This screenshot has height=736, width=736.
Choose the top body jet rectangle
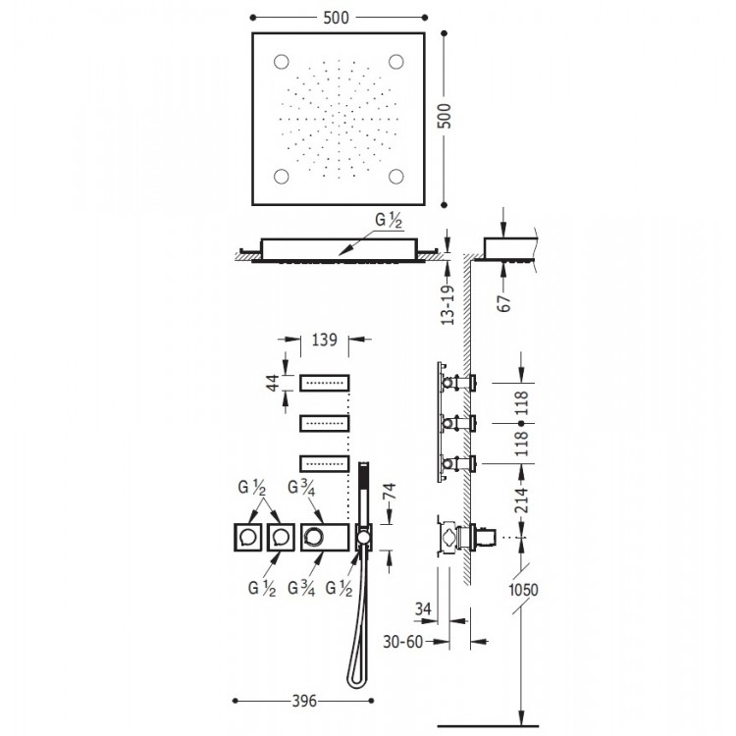point(325,382)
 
